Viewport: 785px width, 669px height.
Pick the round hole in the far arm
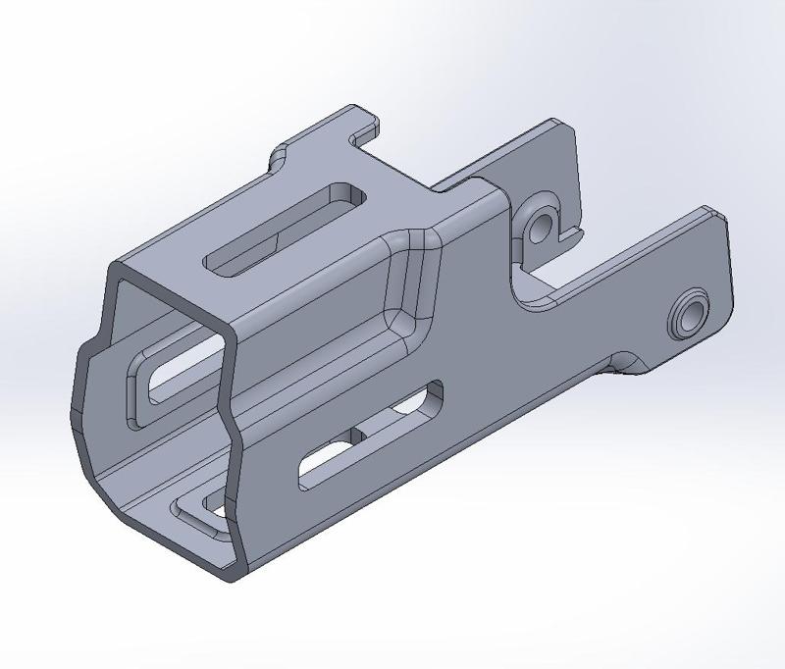click(x=539, y=228)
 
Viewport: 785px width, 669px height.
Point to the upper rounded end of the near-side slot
click(x=430, y=396)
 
